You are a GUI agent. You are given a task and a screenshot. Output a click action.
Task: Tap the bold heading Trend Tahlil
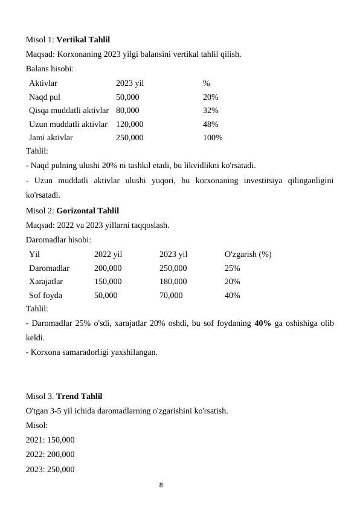point(79,397)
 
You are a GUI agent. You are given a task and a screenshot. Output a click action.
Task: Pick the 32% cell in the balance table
point(211,111)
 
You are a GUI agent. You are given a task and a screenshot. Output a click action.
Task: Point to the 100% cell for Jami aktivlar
point(213,138)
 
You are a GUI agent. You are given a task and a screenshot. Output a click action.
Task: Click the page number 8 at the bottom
point(161,485)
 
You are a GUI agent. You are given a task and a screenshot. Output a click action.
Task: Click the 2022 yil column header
point(108,254)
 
